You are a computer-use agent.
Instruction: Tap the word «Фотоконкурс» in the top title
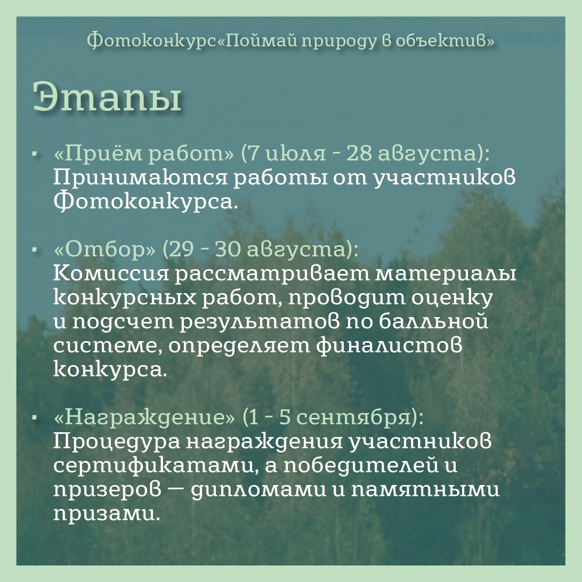click(151, 40)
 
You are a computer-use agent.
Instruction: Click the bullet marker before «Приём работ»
click(36, 153)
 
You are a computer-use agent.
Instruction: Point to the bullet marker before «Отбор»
click(36, 250)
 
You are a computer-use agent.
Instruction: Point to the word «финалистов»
click(390, 345)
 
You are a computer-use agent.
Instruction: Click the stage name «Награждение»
click(144, 417)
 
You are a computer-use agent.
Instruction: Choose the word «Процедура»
click(117, 442)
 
